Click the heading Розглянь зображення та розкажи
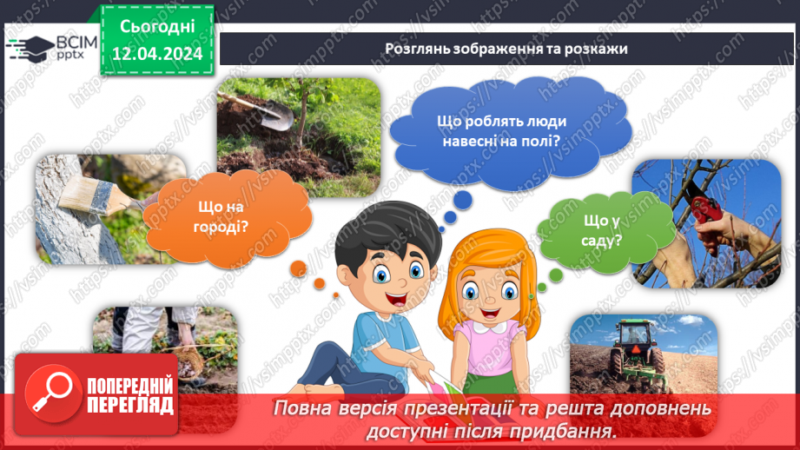[506, 49]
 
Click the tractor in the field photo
[634, 342]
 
